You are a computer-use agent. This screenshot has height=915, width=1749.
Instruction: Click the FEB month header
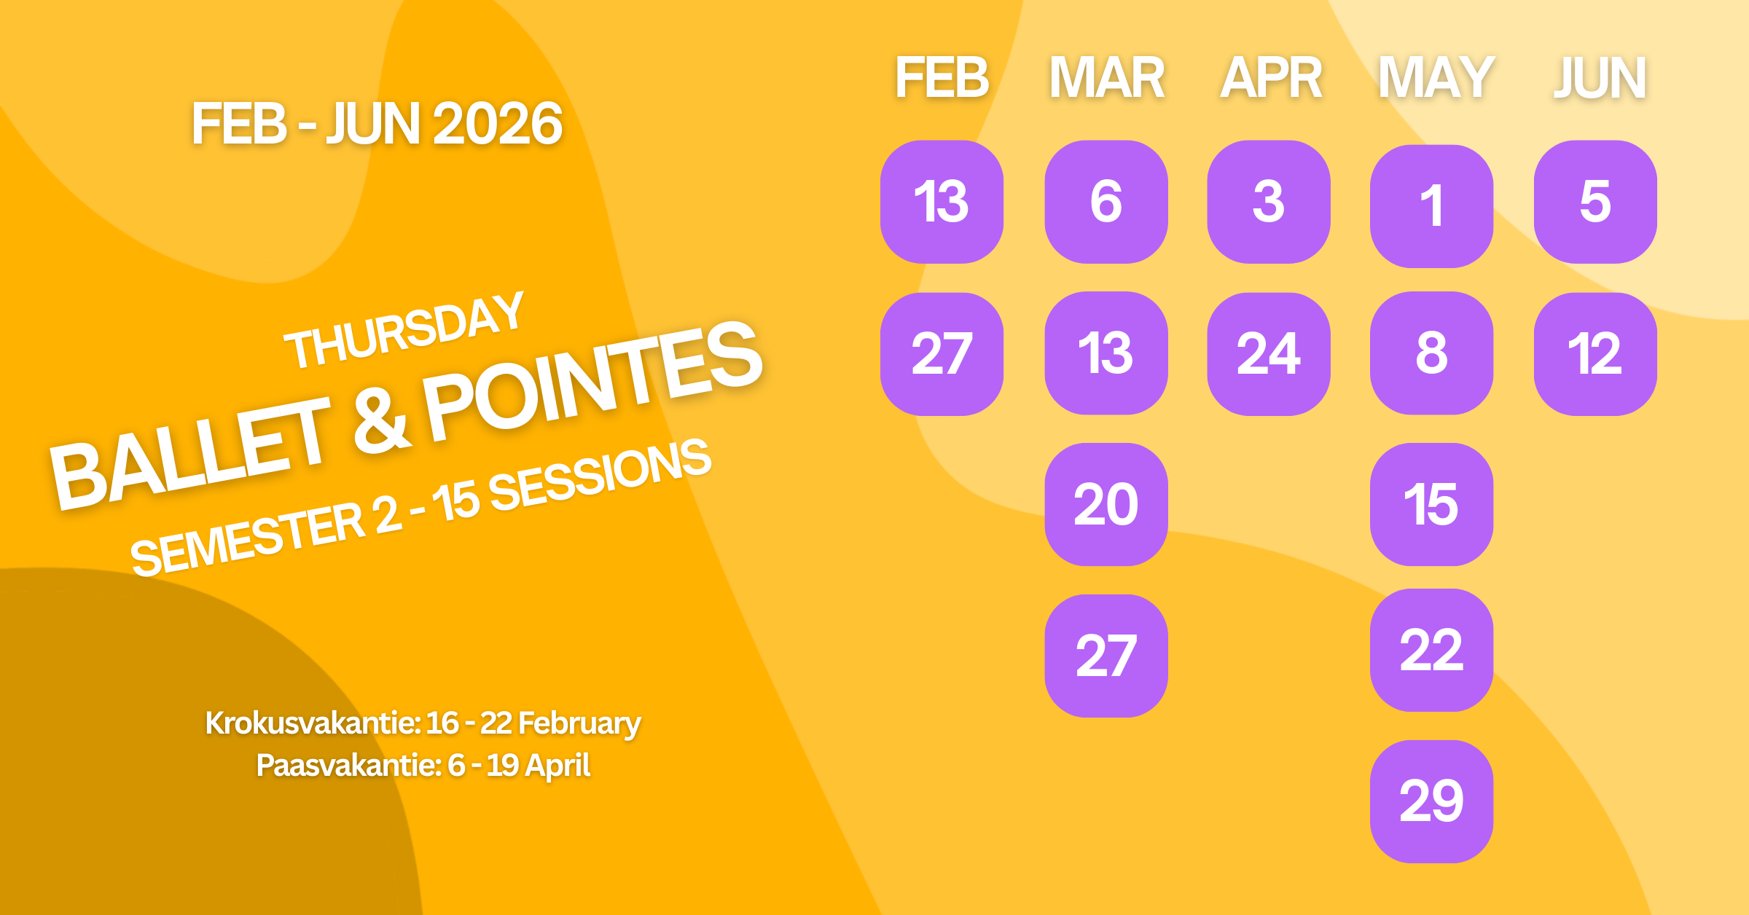[x=942, y=78]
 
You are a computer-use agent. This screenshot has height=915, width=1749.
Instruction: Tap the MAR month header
[x=1106, y=78]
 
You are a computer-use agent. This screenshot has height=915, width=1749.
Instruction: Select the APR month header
[x=1271, y=78]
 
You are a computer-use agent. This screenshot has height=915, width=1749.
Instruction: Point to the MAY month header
[x=1436, y=78]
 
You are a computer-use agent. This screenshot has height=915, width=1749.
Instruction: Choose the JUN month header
[x=1600, y=78]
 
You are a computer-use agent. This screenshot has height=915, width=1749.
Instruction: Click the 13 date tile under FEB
[x=942, y=202]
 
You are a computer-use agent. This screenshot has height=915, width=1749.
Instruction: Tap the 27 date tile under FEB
[x=942, y=354]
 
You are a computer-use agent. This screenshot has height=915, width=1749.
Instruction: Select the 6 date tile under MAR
[x=1106, y=202]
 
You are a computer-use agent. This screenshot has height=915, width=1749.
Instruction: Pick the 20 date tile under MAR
[x=1106, y=504]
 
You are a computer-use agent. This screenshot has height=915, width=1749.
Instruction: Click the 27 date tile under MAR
[x=1106, y=656]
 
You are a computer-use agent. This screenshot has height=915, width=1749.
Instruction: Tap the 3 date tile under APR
[x=1269, y=202]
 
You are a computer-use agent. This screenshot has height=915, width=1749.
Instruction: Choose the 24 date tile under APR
[x=1269, y=354]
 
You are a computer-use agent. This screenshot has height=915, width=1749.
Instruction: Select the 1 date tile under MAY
[x=1431, y=206]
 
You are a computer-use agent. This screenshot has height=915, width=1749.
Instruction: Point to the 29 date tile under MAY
[x=1431, y=801]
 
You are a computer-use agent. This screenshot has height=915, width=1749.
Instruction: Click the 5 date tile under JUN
[x=1595, y=202]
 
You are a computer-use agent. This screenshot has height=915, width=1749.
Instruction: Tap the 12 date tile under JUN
[x=1595, y=354]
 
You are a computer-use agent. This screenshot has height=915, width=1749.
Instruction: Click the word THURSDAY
[x=404, y=331]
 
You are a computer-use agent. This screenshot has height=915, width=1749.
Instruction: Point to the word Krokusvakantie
[x=312, y=723]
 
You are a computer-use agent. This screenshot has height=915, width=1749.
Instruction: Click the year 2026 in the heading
[x=498, y=124]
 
